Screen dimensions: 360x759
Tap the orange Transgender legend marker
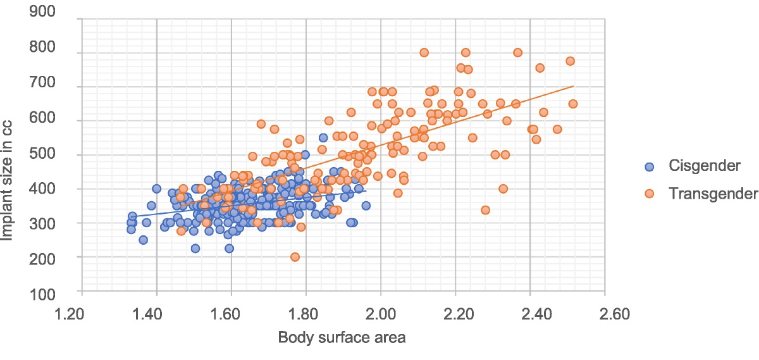[649, 194]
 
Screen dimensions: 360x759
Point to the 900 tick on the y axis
[55, 13]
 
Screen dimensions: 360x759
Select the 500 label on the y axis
[55, 155]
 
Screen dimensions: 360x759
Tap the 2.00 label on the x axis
[381, 313]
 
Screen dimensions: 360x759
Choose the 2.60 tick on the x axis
[605, 313]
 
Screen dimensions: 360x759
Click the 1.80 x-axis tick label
[306, 313]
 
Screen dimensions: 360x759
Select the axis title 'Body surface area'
[342, 337]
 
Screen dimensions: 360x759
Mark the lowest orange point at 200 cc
[295, 256]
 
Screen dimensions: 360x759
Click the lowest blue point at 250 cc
[143, 240]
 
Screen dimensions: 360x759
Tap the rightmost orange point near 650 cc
[573, 104]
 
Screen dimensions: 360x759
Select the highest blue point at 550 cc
[323, 137]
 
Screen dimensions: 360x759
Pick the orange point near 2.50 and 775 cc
[570, 61]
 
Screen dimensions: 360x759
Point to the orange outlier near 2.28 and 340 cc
[485, 210]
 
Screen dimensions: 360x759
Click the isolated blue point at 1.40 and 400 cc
[156, 189]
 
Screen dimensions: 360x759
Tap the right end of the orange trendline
[573, 86]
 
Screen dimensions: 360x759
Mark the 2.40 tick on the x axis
[530, 313]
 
